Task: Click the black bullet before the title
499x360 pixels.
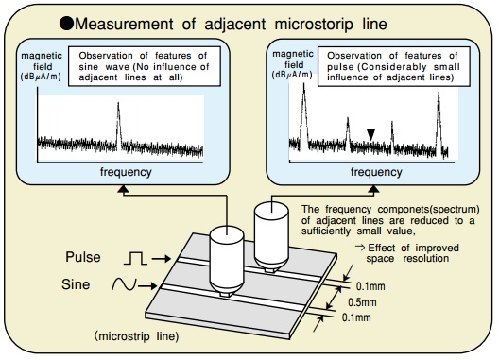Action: click(x=66, y=23)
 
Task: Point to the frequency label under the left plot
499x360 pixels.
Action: click(x=125, y=173)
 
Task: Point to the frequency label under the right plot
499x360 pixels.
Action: click(x=375, y=173)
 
